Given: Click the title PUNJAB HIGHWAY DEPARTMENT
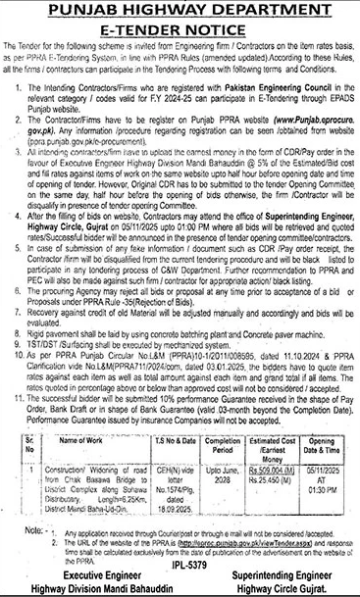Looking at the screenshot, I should pyautogui.click(x=180, y=12).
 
